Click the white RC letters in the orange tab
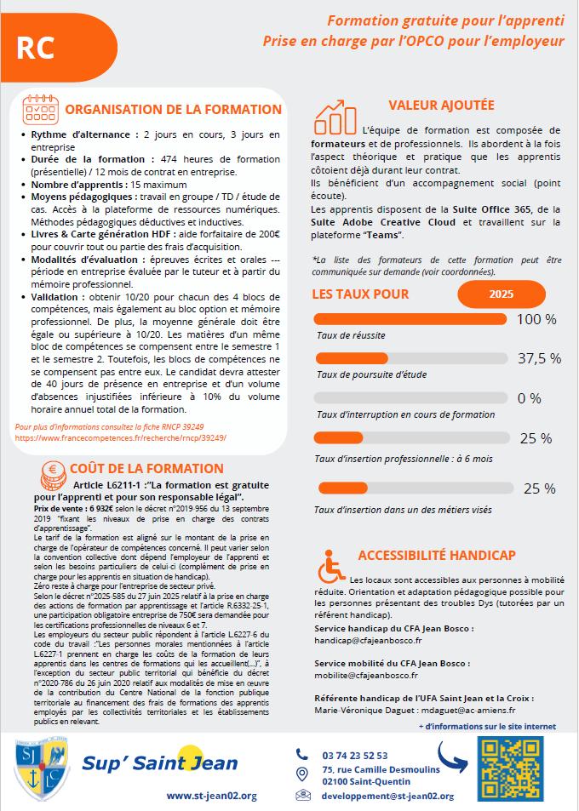[34, 49]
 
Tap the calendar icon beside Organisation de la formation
[41, 109]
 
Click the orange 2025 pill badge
[502, 294]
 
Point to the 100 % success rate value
[536, 319]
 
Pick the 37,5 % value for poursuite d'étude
[539, 358]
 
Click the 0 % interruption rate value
[529, 398]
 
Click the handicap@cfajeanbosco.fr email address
[369, 640]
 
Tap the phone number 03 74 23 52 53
[355, 755]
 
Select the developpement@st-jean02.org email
[387, 796]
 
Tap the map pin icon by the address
[301, 774]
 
